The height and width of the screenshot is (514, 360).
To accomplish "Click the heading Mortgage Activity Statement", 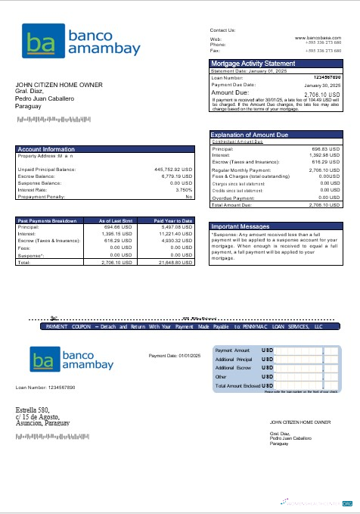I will tap(253, 63).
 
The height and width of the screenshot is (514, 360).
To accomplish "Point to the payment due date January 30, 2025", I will tap(323, 86).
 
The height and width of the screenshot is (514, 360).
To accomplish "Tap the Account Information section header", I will tap(46, 149).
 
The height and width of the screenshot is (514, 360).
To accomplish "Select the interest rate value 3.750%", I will tap(184, 189).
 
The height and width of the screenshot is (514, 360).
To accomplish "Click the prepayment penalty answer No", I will tap(189, 196).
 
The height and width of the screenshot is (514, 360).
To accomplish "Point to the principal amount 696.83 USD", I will tap(326, 149).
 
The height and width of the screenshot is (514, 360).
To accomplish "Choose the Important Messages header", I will tap(241, 205).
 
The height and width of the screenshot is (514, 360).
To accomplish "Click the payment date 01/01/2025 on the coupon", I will tap(174, 355).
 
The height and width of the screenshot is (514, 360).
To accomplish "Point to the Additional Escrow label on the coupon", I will tap(233, 367).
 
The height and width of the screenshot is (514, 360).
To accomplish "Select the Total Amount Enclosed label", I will tap(237, 385).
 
